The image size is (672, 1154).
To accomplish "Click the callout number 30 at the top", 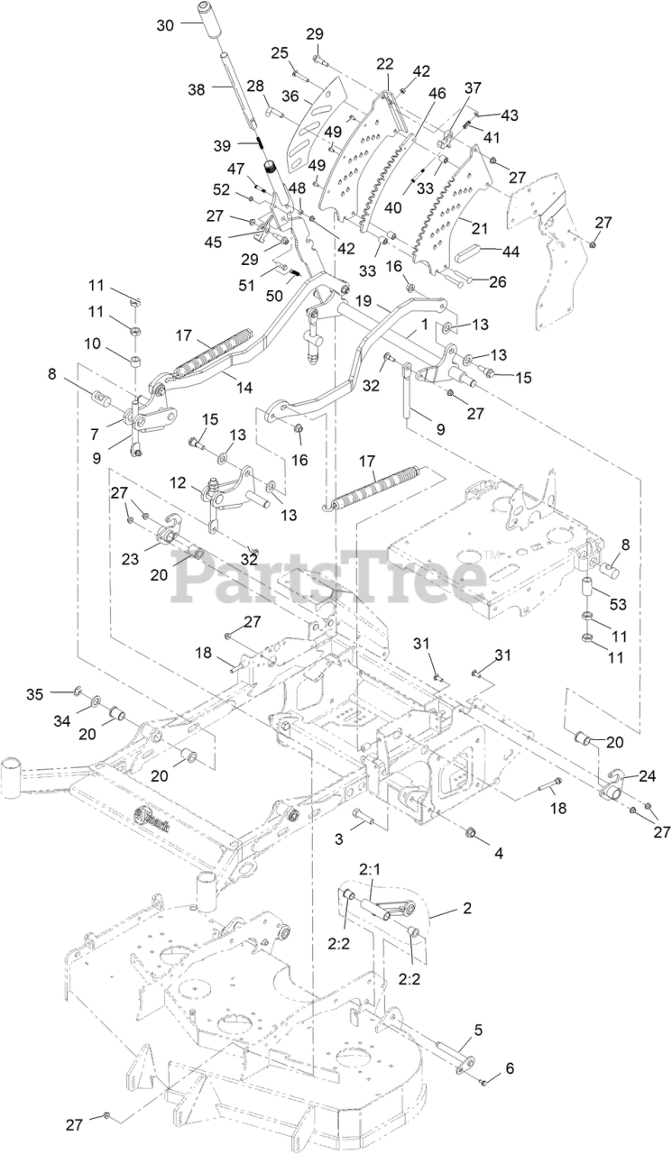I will (x=165, y=25).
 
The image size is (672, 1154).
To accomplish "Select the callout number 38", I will (x=197, y=88).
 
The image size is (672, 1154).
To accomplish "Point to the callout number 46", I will (x=437, y=93).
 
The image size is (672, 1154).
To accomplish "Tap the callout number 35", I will (x=60, y=693).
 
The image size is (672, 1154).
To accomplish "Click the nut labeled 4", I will (x=470, y=829).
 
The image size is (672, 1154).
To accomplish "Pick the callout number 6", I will (x=510, y=1067).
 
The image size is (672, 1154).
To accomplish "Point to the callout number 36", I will (x=290, y=94).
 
